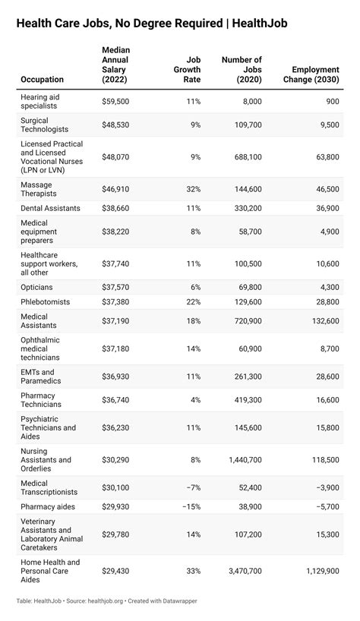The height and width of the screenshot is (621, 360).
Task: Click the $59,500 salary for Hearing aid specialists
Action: [x=115, y=101]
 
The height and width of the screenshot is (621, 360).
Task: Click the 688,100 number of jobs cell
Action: [x=245, y=157]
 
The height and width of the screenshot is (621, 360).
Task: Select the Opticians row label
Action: [x=36, y=287]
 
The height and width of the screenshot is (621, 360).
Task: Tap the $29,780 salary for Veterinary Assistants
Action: [x=115, y=534]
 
